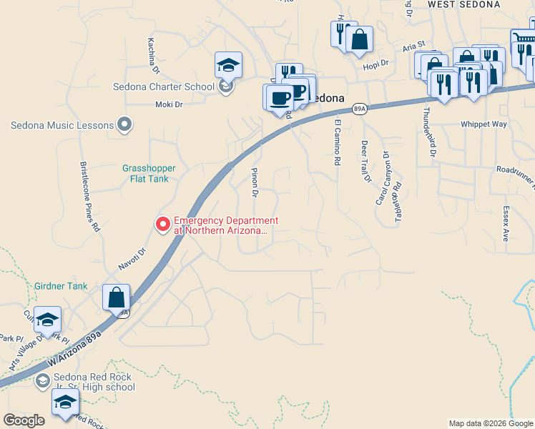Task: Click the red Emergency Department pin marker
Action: tap(163, 225)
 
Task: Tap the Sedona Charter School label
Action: tap(164, 87)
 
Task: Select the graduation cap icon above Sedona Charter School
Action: tap(228, 66)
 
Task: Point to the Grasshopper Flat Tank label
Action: tap(149, 173)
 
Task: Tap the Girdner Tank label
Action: tap(61, 286)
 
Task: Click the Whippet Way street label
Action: tap(484, 124)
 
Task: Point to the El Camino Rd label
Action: tap(337, 142)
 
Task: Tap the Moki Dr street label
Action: tap(170, 104)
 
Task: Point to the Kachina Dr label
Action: tap(152, 56)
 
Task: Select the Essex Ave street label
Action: tap(506, 225)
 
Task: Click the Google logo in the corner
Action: tap(24, 420)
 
